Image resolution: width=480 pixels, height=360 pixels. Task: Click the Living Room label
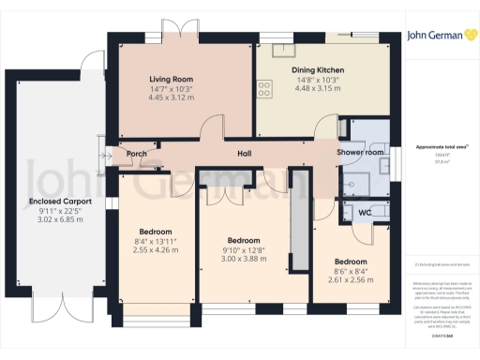(x=172, y=79)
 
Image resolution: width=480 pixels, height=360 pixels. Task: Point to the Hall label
(x=244, y=153)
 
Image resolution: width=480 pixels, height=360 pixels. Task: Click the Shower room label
(x=361, y=152)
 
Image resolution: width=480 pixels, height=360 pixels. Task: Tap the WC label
(x=365, y=213)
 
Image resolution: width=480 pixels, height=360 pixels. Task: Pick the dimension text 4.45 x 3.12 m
(x=172, y=97)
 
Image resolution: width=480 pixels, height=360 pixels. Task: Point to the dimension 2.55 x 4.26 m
(x=156, y=249)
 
